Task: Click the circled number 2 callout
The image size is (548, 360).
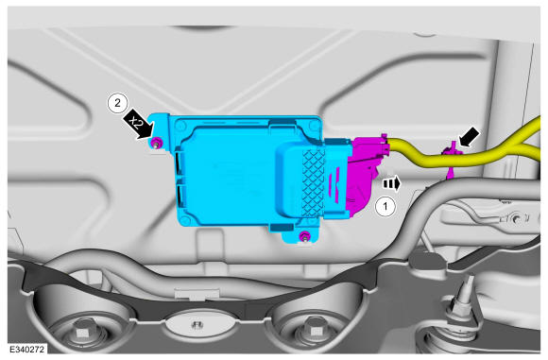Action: (117, 103)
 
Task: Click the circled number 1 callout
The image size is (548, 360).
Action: (385, 206)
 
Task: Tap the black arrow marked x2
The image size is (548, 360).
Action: (138, 124)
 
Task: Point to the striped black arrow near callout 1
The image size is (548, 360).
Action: (392, 183)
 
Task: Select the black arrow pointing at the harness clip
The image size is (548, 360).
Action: (469, 137)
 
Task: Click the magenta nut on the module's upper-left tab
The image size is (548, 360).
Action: (156, 142)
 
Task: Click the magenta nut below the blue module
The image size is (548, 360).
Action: (305, 236)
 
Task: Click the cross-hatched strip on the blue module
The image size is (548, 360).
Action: (314, 182)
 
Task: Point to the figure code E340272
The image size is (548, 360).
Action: (26, 350)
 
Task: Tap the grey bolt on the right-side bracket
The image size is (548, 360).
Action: (516, 219)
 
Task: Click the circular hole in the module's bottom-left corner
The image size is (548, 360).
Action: (185, 220)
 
